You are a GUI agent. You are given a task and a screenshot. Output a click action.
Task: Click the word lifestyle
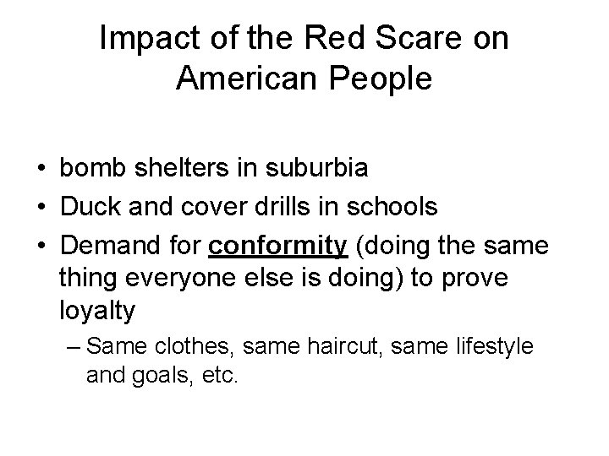496,346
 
